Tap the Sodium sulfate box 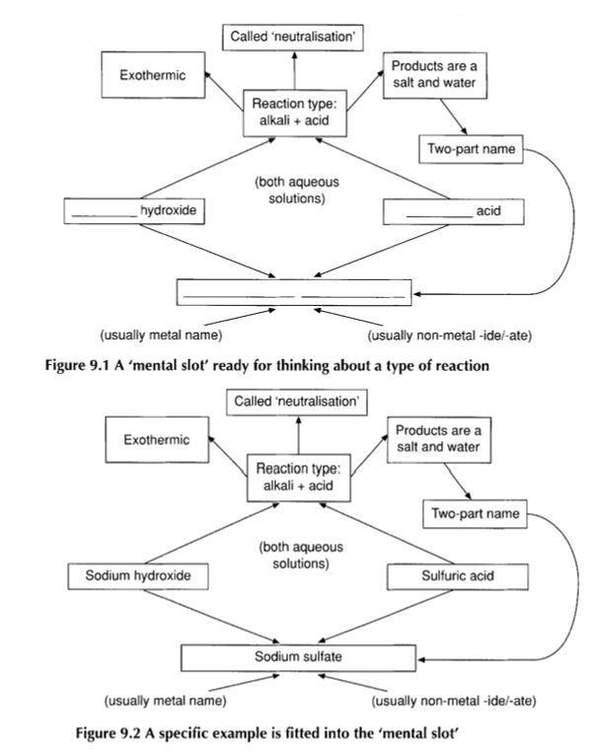pos(292,656)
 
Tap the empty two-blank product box pos(293,292)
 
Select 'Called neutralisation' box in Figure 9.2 pos(291,402)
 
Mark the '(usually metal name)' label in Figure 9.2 pos(165,702)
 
